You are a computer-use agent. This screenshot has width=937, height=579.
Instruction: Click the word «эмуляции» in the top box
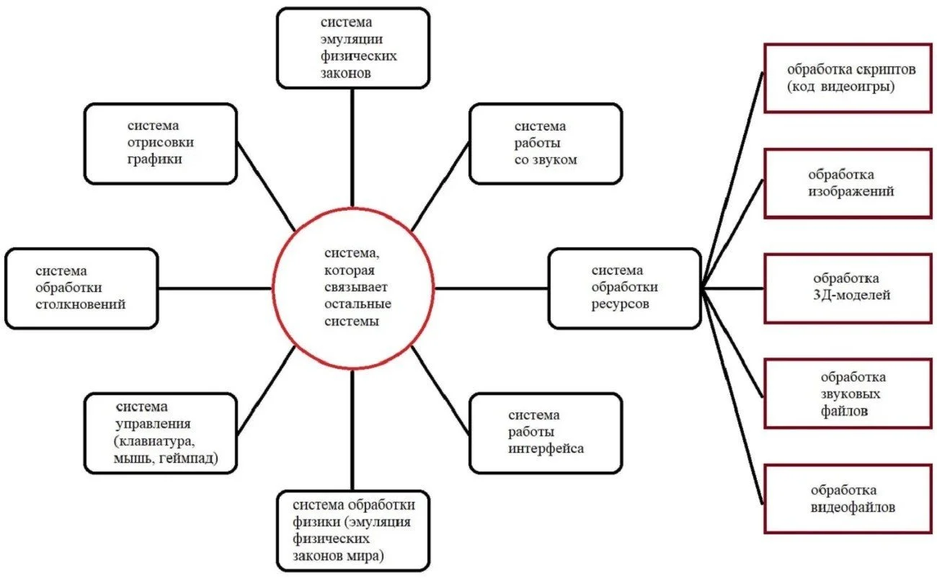pos(352,40)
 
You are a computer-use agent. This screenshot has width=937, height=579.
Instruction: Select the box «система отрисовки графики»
pos(161,143)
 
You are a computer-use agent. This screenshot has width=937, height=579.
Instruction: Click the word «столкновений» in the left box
pos(80,304)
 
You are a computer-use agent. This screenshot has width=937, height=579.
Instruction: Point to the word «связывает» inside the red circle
pos(355,287)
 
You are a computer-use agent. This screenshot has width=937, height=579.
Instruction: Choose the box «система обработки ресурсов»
pos(624,288)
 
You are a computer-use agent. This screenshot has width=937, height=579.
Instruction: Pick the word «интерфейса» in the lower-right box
pos(546,448)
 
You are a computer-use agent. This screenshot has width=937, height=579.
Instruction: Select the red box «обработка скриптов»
pos(848,78)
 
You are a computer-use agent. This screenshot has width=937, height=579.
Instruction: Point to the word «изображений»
pos(851,191)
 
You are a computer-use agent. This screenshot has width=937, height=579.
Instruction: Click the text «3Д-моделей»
pos(852,295)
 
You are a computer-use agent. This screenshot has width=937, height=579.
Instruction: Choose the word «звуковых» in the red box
pos(851,394)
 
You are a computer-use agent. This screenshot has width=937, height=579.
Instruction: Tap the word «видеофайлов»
pos(853,507)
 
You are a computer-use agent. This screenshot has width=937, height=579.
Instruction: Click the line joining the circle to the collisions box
pos(215,288)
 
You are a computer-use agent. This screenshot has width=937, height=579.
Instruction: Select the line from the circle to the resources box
pos(491,288)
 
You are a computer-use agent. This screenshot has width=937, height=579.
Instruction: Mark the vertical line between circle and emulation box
pos(352,148)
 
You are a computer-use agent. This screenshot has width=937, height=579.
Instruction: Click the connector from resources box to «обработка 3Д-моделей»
pos(733,288)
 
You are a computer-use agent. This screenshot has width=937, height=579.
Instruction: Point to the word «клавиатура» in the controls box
pos(154,441)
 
